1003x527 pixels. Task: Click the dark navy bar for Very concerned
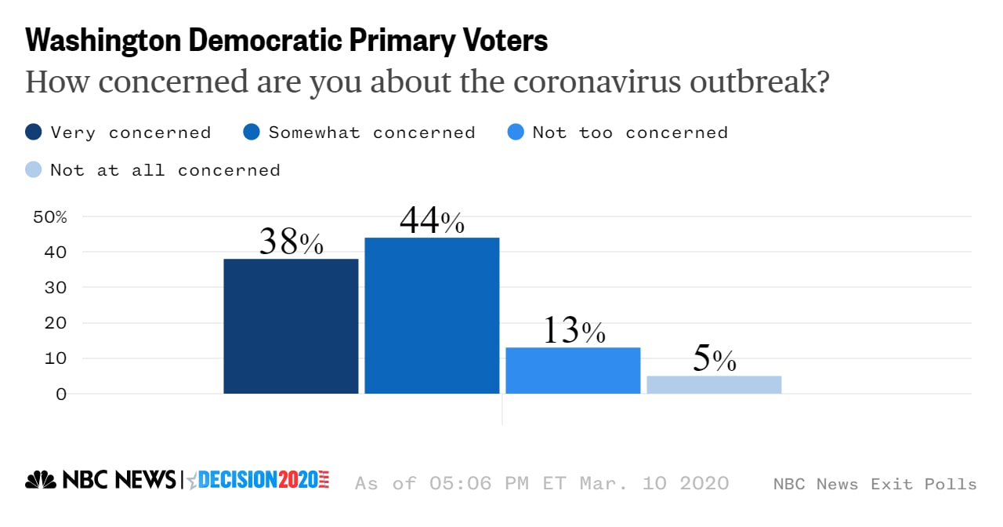point(291,326)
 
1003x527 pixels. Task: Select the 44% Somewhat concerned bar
point(432,315)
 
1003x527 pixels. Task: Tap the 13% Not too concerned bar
point(573,370)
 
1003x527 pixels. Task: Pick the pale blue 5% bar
point(714,384)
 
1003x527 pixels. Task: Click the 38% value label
point(291,243)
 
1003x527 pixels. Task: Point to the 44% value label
point(432,222)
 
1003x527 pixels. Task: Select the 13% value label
point(574,332)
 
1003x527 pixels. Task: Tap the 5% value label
point(714,360)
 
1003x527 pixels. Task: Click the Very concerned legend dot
point(34,133)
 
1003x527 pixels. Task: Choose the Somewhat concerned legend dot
point(252,133)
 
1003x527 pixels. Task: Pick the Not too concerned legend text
point(630,133)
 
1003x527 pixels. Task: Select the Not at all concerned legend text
point(165,169)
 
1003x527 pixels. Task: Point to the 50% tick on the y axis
point(50,216)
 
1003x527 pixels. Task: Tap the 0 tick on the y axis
point(61,394)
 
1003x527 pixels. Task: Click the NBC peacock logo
point(41,479)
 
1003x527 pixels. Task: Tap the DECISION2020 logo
point(259,480)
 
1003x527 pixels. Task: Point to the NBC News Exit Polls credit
point(874,484)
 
